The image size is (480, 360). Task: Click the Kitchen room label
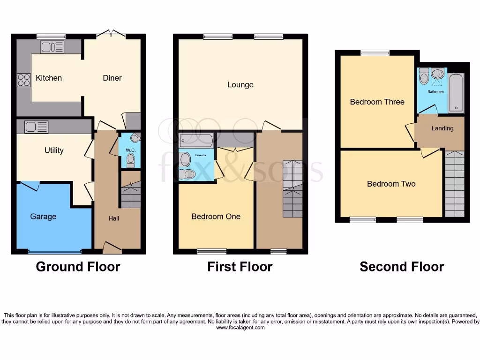click(x=49, y=78)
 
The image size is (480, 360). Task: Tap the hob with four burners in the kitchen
click(x=23, y=81)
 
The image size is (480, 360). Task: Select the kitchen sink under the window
click(x=52, y=47)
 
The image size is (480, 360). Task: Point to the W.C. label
click(x=130, y=150)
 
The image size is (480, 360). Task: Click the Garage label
click(x=43, y=217)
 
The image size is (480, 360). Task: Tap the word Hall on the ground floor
click(x=114, y=218)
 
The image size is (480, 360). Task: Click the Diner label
click(x=112, y=78)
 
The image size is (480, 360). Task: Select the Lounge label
click(x=240, y=85)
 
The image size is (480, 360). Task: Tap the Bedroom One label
click(x=216, y=217)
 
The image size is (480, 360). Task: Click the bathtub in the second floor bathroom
click(x=456, y=92)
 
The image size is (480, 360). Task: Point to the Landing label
click(x=442, y=128)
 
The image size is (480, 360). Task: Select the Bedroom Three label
click(x=377, y=102)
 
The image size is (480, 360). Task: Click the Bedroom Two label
click(x=391, y=184)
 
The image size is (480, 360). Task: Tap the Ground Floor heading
click(x=78, y=267)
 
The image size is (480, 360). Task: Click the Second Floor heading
click(x=402, y=267)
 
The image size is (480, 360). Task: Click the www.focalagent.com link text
click(x=240, y=328)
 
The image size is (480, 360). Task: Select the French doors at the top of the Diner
click(x=111, y=34)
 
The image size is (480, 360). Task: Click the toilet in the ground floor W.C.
click(x=130, y=160)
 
